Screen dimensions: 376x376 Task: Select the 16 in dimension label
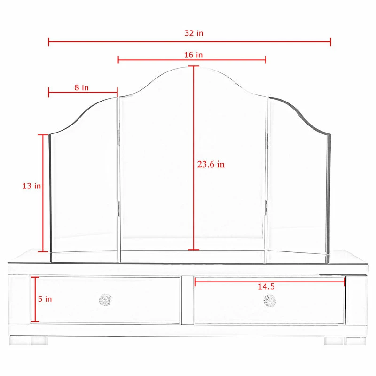click(194, 55)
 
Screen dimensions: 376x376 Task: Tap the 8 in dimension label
click(82, 87)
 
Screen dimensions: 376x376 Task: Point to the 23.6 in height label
click(211, 164)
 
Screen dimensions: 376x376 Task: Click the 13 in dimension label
click(31, 186)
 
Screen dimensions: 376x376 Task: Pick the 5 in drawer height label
click(46, 299)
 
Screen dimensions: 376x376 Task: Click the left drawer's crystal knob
click(105, 300)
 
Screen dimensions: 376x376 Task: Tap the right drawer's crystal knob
click(270, 300)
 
